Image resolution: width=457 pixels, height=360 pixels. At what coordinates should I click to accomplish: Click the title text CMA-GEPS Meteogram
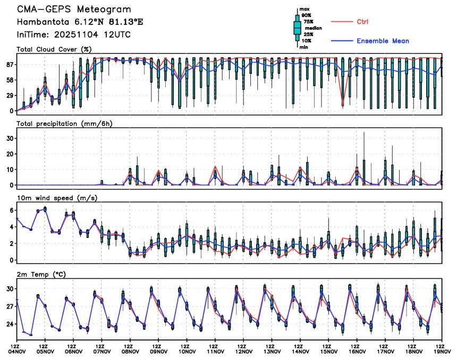click(x=73, y=10)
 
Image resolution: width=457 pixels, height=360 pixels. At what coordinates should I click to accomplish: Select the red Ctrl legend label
click(x=362, y=21)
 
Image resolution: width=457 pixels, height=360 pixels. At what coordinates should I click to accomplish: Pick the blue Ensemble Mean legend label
click(x=383, y=41)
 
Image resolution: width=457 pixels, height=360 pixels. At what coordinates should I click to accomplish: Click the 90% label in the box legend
click(x=307, y=15)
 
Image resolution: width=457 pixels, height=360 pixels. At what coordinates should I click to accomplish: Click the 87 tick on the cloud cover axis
click(x=10, y=64)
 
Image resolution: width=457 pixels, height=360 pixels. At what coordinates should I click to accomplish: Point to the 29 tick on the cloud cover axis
click(x=10, y=95)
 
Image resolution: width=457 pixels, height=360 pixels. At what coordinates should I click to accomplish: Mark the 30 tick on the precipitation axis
click(x=10, y=138)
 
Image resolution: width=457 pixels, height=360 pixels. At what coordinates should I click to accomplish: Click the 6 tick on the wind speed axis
click(x=11, y=210)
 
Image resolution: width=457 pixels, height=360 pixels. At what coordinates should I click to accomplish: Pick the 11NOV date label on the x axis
click(x=215, y=351)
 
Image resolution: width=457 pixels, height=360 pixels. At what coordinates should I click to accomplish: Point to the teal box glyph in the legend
click(x=297, y=27)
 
